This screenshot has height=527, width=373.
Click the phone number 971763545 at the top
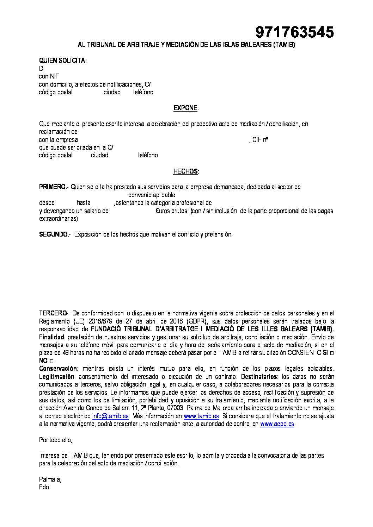coord(294,33)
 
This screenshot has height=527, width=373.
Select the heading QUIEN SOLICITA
coord(62,61)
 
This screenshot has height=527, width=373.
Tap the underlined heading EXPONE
coord(186,108)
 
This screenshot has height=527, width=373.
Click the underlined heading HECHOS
coord(186,171)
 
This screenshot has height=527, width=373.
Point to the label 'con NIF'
coord(49,76)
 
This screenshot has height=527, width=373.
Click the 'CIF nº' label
coord(261,140)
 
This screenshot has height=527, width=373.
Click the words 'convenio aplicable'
coord(152,195)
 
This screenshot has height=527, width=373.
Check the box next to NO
coord(52,361)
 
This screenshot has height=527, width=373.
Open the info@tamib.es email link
coord(110,416)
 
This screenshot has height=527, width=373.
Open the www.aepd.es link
coord(277,424)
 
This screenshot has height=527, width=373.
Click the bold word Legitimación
coord(56,376)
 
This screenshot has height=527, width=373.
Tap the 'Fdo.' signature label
coord(45,488)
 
